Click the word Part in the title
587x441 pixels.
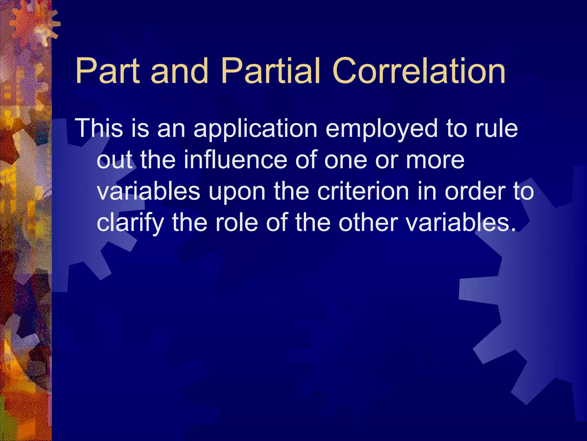pyautogui.click(x=107, y=71)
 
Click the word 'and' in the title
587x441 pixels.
pyautogui.click(x=179, y=71)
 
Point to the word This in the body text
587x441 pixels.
pyautogui.click(x=99, y=128)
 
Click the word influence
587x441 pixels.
pyautogui.click(x=235, y=160)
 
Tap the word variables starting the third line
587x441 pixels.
pyautogui.click(x=148, y=191)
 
